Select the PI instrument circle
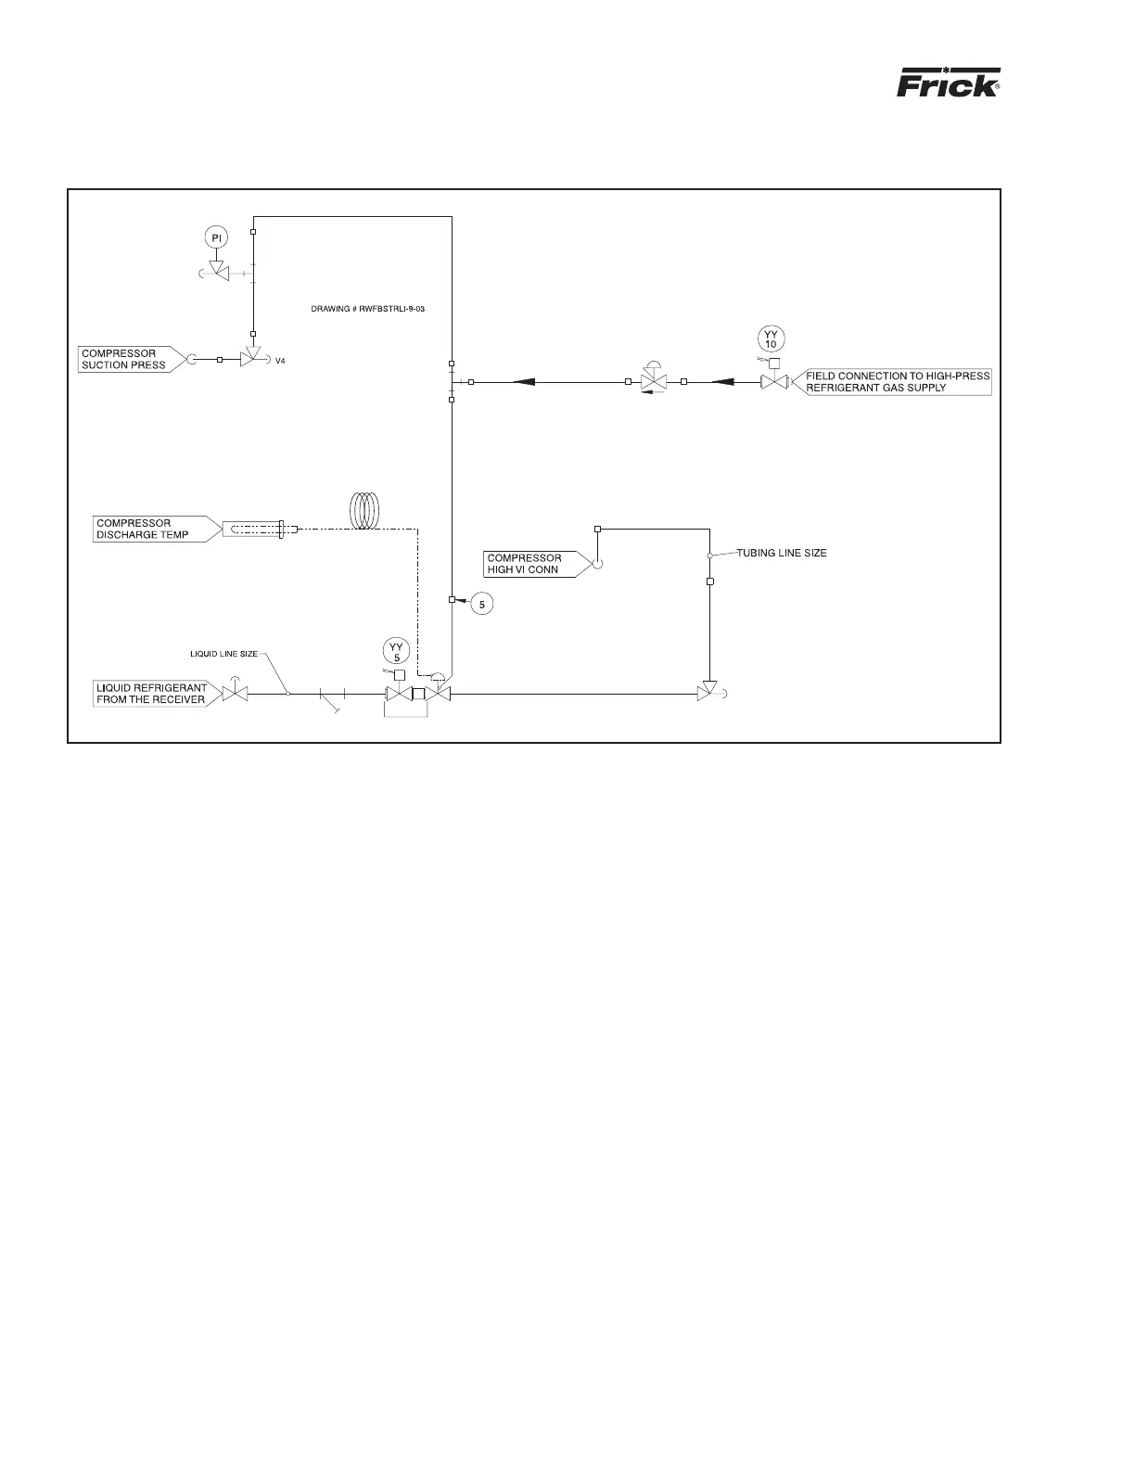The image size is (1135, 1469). click(x=216, y=238)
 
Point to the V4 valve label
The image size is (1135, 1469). click(x=280, y=362)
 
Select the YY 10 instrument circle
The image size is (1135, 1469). click(x=771, y=339)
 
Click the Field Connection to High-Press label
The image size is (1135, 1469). click(x=897, y=382)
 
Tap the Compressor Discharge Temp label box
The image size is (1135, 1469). click(x=148, y=529)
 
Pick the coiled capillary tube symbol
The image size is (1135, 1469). click(x=365, y=511)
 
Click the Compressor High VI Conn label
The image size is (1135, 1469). click(x=529, y=564)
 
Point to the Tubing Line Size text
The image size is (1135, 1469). click(x=782, y=554)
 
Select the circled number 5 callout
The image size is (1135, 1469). click(x=481, y=605)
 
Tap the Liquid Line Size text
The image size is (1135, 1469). click(x=218, y=654)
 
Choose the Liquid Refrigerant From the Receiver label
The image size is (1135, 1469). click(x=151, y=694)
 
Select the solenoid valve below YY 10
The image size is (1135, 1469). click(x=773, y=381)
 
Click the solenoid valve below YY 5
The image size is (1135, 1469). click(x=398, y=695)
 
